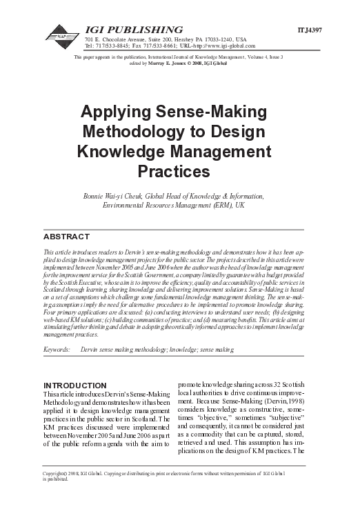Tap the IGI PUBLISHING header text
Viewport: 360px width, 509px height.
134,30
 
